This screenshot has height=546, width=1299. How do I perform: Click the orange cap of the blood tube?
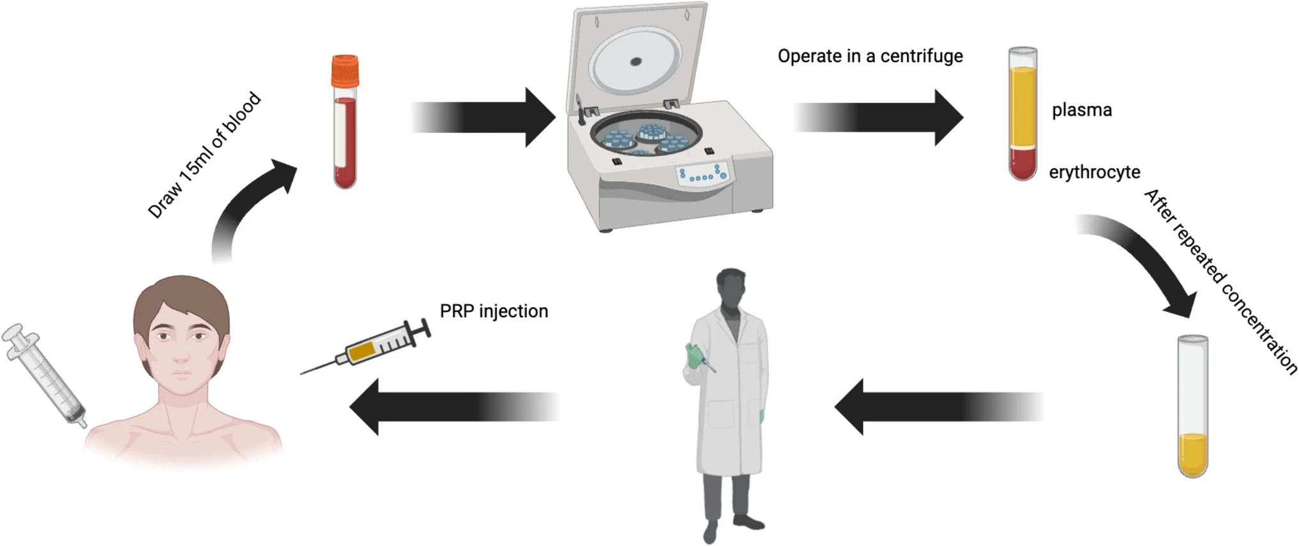pos(345,71)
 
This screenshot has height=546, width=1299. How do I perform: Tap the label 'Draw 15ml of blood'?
pos(204,155)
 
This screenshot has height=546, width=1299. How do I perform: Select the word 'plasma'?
pos(1082,110)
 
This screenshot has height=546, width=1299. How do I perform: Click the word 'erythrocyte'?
pos(1095,172)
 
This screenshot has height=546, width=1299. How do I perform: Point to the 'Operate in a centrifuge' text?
pos(870,56)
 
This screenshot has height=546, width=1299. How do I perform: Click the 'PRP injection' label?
pos(494,311)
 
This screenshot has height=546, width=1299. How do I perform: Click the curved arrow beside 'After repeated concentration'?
pos(1143,262)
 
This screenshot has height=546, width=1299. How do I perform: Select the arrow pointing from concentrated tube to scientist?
pos(939,407)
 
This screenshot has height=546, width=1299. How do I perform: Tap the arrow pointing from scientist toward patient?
pos(453,407)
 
